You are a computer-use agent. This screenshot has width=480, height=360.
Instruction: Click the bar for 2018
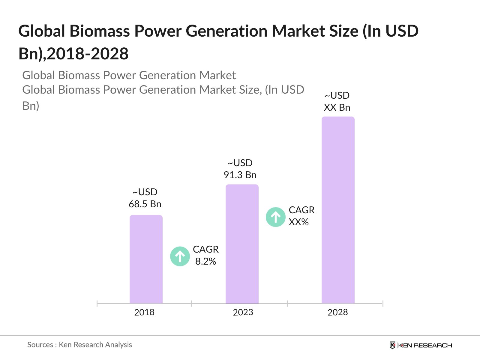[x=146, y=259]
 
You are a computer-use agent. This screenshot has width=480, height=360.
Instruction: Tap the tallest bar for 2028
[x=338, y=210]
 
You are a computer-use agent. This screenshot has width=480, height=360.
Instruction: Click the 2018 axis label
[x=144, y=312]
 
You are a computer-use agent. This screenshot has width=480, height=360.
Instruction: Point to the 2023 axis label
[x=243, y=312]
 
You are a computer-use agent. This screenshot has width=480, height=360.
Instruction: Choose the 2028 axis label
[x=337, y=312]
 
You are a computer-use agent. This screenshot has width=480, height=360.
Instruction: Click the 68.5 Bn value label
[x=145, y=204]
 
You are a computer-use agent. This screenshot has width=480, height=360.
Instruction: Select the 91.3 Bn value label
[x=240, y=175]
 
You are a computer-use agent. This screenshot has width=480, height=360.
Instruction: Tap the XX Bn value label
[x=337, y=107]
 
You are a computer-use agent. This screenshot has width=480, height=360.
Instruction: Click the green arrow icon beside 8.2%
[x=180, y=256]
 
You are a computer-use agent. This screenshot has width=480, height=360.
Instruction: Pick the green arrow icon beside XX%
[x=275, y=217]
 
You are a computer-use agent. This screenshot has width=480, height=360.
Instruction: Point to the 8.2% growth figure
[x=205, y=261]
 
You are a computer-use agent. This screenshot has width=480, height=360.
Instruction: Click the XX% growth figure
[x=298, y=222]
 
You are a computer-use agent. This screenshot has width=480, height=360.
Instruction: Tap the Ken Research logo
[x=421, y=345]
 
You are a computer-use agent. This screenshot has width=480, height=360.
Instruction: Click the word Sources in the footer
[x=40, y=345]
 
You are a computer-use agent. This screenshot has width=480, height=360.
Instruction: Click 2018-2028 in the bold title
[x=88, y=54]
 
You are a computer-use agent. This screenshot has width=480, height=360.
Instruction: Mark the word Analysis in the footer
[x=119, y=345]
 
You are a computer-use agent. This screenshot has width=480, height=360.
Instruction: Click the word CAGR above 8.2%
[x=205, y=249]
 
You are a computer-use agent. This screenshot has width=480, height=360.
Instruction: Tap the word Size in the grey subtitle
[x=248, y=90]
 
